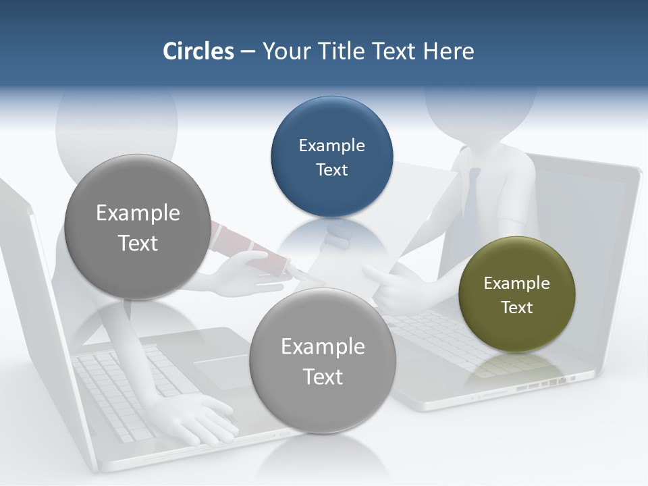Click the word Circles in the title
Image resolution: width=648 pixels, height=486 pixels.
coord(198,51)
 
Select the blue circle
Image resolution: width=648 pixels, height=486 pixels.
coord(331,157)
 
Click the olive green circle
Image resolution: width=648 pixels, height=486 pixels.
coord(517,295)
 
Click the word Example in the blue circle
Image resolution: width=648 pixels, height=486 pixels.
coord(331,145)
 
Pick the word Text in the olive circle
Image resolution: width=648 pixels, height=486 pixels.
coord(517,308)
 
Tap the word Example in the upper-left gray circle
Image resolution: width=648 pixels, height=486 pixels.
coord(138,213)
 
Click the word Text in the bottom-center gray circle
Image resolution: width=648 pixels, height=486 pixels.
coord(323,377)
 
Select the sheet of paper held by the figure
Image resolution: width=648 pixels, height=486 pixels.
coord(418,202)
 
